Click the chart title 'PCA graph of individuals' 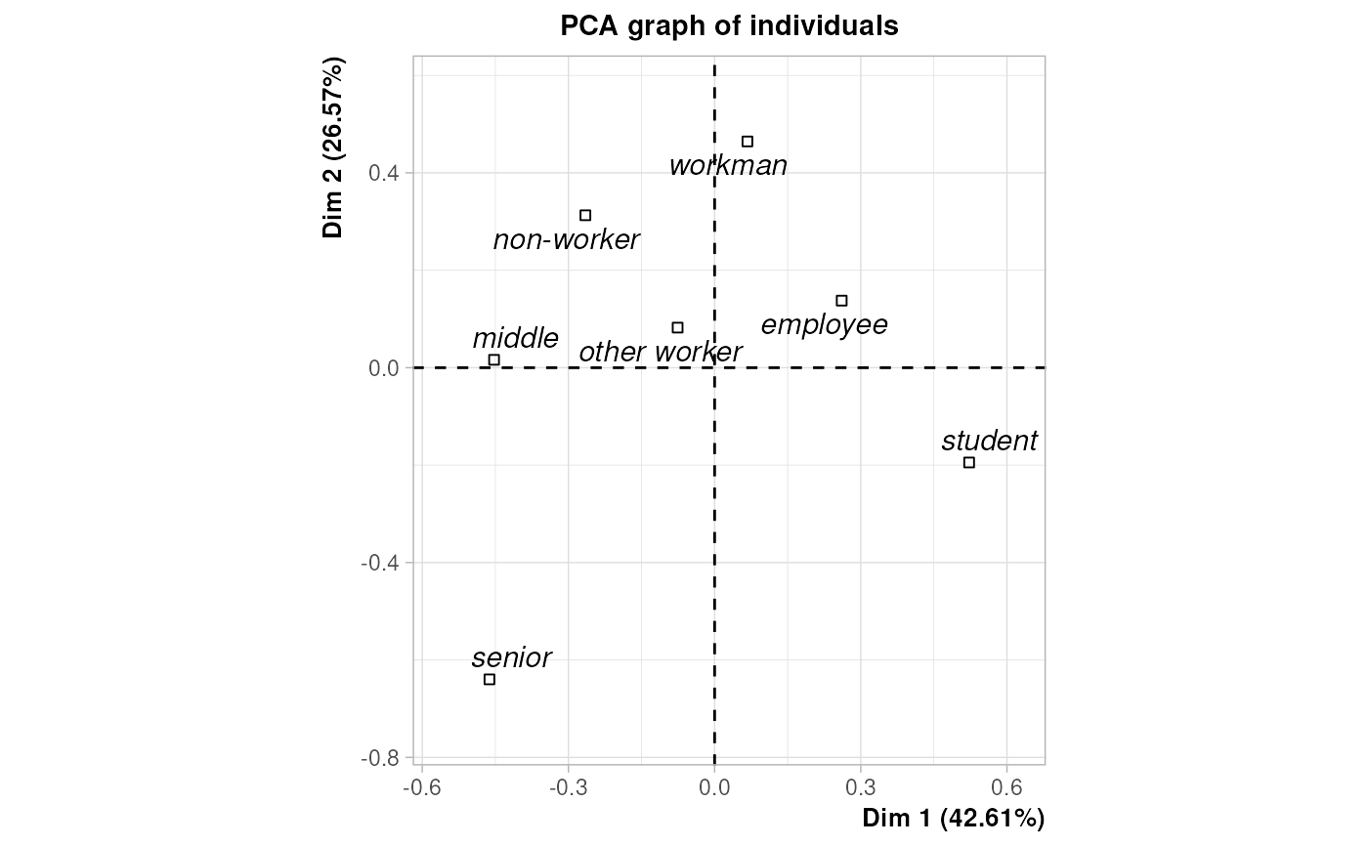(x=729, y=26)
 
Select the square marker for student (x=968, y=462)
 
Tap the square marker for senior (x=490, y=679)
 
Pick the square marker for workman (x=748, y=142)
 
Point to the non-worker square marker (x=585, y=215)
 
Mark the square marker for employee (x=841, y=301)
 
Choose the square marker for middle (x=494, y=360)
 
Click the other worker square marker (x=677, y=327)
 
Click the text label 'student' (x=989, y=441)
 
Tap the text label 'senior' (x=511, y=657)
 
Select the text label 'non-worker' (x=566, y=239)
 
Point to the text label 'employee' (x=824, y=324)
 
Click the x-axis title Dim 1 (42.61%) (x=953, y=819)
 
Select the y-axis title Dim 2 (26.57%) (x=335, y=148)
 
